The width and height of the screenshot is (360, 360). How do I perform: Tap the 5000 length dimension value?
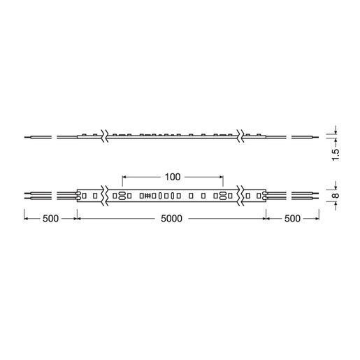point(171,219)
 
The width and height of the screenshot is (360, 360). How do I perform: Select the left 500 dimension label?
point(50,219)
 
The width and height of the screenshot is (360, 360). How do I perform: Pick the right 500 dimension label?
point(293,219)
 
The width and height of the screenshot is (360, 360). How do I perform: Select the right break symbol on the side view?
point(240,136)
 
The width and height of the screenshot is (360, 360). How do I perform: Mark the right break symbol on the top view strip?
point(240,195)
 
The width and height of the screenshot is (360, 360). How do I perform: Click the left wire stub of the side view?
point(36,136)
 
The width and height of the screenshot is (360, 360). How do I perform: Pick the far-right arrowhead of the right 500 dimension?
point(318,219)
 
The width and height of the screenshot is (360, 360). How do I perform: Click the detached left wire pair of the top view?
point(36,195)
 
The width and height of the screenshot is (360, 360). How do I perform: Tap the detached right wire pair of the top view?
point(307,195)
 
